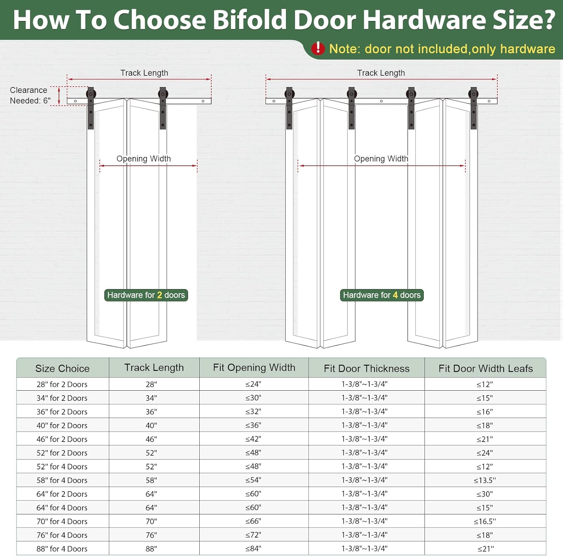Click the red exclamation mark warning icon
coord(318,48)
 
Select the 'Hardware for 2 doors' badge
coord(146,295)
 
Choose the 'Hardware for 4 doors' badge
coord(382,295)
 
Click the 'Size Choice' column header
coord(62,369)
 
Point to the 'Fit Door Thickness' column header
coord(367,369)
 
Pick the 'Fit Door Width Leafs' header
coord(486,369)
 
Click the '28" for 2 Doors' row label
coord(62,384)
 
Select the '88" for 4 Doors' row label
coord(62,549)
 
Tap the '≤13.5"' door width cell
coord(485,480)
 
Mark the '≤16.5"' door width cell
coord(485,522)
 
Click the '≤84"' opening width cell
coord(253,549)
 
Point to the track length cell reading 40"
coord(151,426)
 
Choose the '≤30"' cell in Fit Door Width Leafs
coord(485,494)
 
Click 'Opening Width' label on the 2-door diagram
coord(144,159)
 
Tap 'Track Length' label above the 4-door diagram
coord(381,73)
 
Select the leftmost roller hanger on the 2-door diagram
coord(91,108)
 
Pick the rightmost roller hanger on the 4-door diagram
coord(474,108)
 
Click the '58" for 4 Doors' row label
coord(62,480)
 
